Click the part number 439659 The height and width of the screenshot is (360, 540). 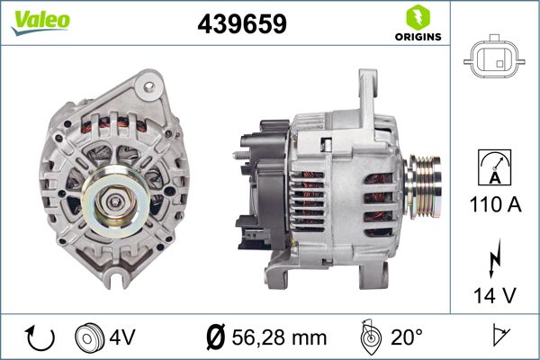pyautogui.click(x=241, y=24)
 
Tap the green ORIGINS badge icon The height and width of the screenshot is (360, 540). pyautogui.click(x=417, y=17)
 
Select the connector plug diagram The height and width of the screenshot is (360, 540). pyautogui.click(x=491, y=58)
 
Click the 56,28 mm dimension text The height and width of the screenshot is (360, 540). pyautogui.click(x=278, y=337)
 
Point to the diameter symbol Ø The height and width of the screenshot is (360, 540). pyautogui.click(x=215, y=337)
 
